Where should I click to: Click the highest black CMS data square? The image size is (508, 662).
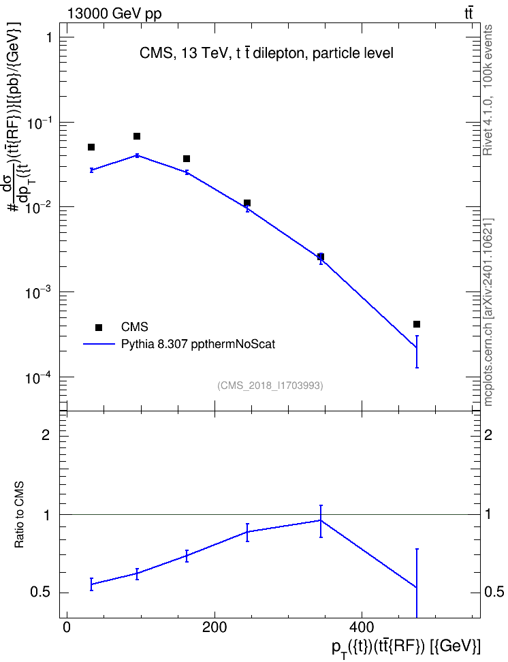coord(137,136)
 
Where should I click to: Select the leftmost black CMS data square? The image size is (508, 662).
coord(91,147)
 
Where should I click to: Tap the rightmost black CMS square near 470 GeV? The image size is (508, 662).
coord(417,324)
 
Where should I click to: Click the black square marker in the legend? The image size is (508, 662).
coord(99,327)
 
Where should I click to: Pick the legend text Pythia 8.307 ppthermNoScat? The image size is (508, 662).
coord(198,344)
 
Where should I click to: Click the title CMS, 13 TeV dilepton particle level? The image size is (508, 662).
coord(266,53)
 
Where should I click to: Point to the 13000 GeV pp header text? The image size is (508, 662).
coord(114,14)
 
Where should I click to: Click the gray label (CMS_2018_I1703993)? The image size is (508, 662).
coord(270,385)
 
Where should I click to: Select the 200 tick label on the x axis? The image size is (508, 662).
coord(215,627)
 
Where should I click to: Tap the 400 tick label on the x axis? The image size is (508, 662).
coord(362,627)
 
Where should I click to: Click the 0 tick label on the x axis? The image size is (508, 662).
coord(67,627)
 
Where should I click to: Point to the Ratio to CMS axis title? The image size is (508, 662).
coord(19,515)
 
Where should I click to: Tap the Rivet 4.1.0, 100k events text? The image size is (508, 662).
coord(488,90)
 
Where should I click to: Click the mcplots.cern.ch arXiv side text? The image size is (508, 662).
coord(488,312)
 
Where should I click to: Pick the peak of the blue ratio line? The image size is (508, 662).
coord(321,520)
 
